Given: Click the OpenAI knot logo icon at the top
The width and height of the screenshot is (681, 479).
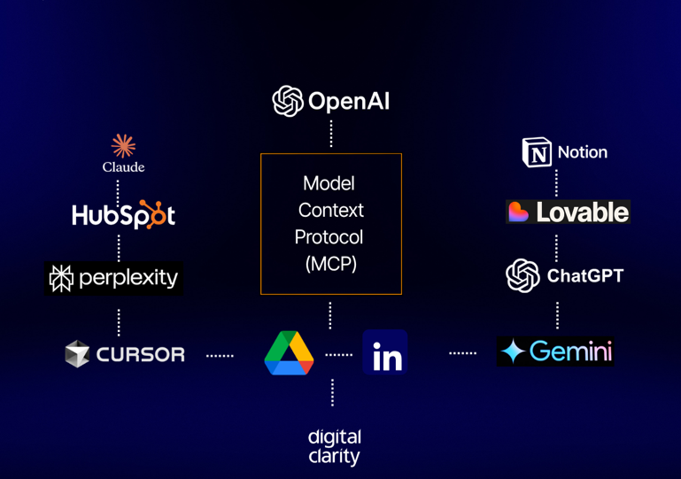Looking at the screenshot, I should [x=288, y=101].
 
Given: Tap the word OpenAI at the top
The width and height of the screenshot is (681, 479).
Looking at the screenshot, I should [x=349, y=101].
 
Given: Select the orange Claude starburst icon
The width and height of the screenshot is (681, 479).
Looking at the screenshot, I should [x=123, y=145].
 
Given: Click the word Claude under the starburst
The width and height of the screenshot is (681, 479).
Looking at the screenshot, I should [x=123, y=166].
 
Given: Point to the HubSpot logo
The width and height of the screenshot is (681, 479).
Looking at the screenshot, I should [x=123, y=214].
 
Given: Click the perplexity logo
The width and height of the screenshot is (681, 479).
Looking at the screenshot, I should [x=114, y=278].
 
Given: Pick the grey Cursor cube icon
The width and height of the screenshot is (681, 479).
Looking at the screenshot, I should [x=78, y=354].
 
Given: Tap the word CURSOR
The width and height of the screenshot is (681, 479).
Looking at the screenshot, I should [x=140, y=355].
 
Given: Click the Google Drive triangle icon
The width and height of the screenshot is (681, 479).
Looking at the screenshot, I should [x=289, y=353].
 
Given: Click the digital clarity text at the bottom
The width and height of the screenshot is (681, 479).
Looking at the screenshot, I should [x=334, y=446].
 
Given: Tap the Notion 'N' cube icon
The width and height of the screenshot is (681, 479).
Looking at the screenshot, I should [x=537, y=152].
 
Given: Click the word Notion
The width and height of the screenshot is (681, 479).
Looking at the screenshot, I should [x=582, y=152].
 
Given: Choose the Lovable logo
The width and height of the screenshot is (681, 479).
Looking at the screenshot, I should [x=568, y=212].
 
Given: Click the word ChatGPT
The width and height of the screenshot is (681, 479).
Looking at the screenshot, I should [x=584, y=276].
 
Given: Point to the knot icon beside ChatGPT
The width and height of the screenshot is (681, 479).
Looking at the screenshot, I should [x=522, y=276].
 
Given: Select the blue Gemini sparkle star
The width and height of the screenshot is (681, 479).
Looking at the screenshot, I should [x=513, y=352].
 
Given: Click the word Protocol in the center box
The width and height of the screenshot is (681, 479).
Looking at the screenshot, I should [x=329, y=237].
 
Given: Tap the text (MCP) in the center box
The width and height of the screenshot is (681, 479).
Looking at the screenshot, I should [x=330, y=264].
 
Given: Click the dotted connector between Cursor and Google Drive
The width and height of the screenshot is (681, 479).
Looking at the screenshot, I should [x=220, y=355].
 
